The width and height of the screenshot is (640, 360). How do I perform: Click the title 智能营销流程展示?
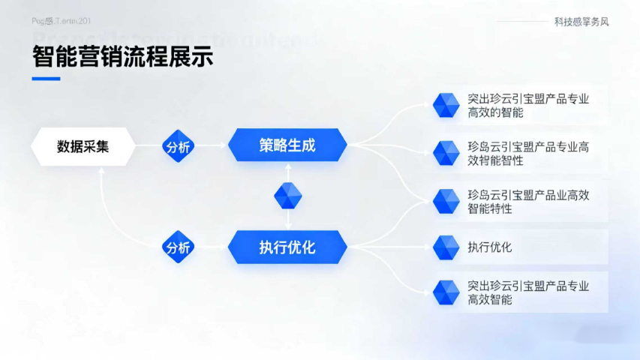click(x=122, y=56)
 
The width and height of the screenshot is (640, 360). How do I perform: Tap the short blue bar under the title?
click(x=46, y=78)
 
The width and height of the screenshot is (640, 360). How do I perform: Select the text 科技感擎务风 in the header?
click(x=581, y=22)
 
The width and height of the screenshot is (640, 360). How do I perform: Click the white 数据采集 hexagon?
click(x=83, y=146)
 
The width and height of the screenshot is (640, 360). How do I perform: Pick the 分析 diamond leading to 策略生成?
click(x=179, y=146)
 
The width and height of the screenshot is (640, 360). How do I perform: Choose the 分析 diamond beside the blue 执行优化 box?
click(x=179, y=247)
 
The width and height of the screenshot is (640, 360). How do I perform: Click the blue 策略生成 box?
click(x=287, y=145)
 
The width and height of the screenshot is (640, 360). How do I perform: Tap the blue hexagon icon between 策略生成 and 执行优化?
click(x=287, y=196)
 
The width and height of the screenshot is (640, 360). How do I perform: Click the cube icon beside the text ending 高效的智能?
click(x=446, y=105)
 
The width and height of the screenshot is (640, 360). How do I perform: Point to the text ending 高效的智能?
click(x=527, y=106)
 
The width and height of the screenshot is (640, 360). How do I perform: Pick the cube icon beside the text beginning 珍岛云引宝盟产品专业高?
click(x=446, y=153)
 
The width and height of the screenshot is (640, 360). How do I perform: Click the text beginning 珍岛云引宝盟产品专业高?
click(x=527, y=154)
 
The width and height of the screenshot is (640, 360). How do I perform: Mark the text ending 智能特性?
click(x=527, y=202)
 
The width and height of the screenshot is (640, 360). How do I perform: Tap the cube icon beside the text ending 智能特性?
click(x=446, y=201)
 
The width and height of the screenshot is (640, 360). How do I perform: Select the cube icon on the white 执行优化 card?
click(x=446, y=247)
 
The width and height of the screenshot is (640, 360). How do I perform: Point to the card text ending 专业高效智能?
click(x=527, y=292)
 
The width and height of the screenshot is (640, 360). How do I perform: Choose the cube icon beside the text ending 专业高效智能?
click(x=446, y=292)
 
